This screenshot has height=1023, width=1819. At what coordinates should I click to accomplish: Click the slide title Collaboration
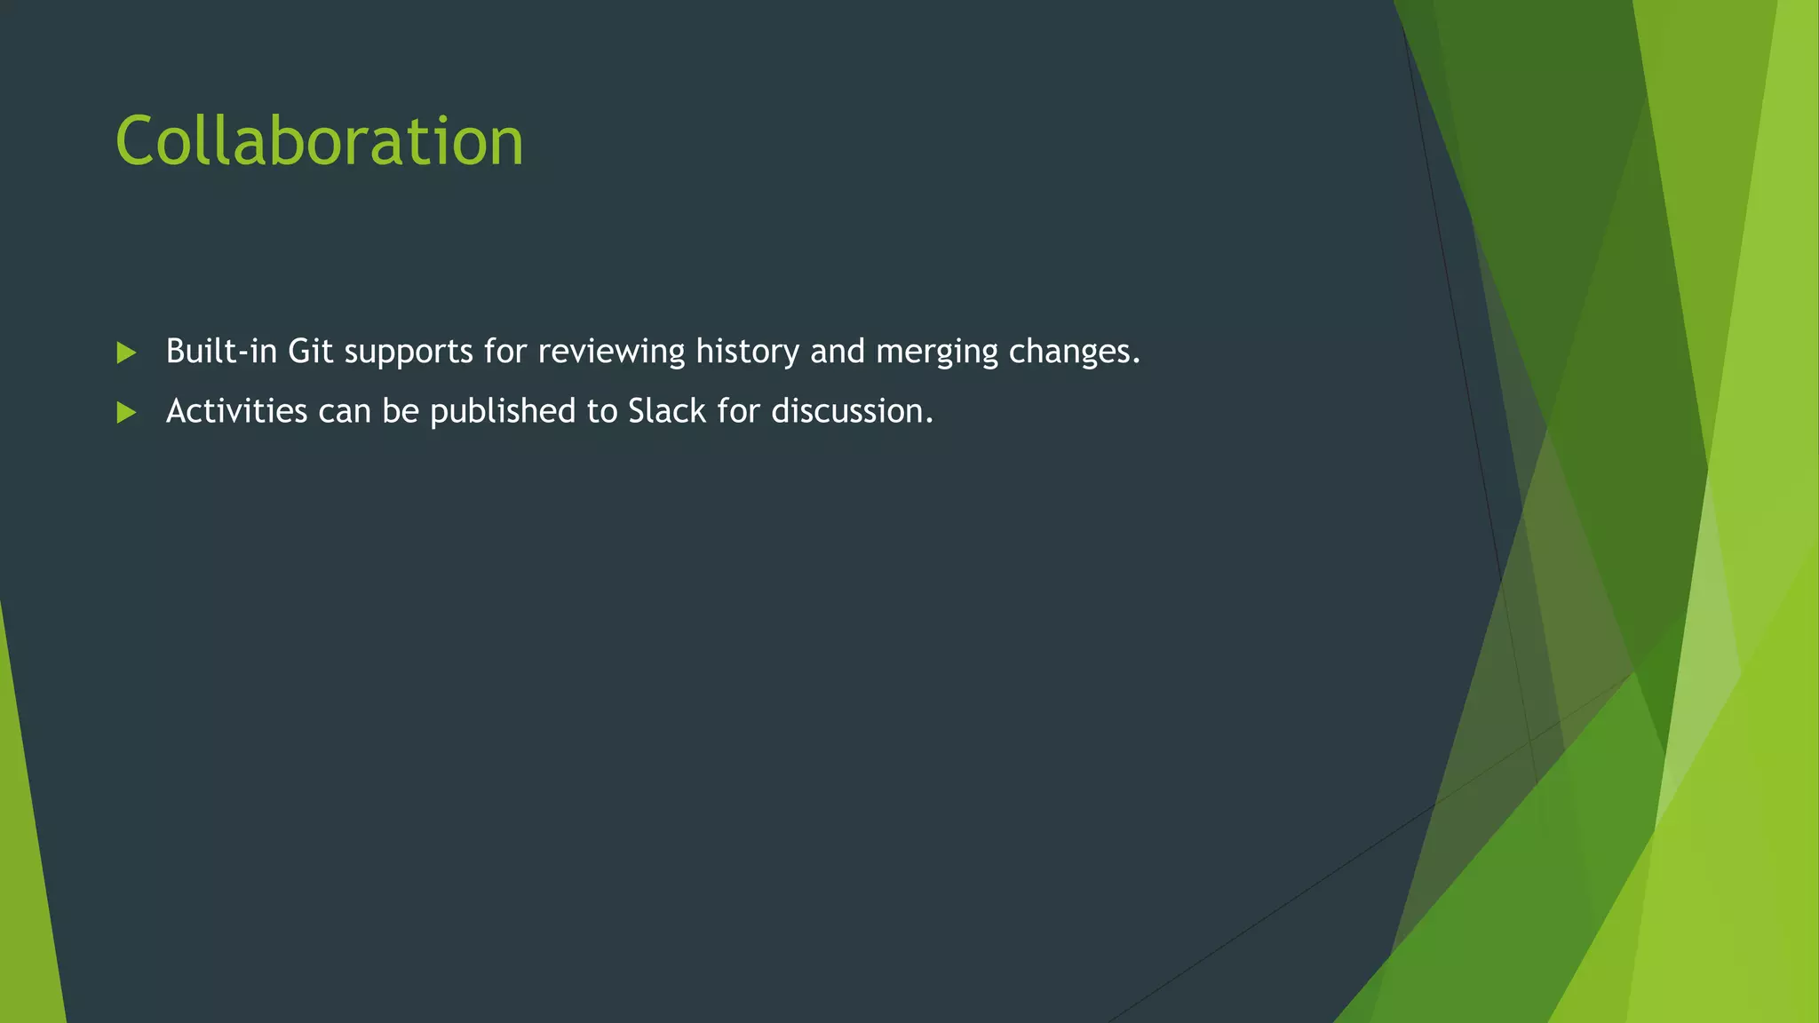[320, 142]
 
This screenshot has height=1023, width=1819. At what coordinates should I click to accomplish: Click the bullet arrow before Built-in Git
[126, 353]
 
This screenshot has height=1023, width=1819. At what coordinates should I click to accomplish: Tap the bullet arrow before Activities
[126, 412]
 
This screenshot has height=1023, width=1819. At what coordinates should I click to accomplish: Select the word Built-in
[221, 352]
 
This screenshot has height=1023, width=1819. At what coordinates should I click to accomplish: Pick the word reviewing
[611, 353]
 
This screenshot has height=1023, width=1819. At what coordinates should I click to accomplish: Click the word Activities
[236, 411]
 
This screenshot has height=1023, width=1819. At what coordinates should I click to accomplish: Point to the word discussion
[852, 411]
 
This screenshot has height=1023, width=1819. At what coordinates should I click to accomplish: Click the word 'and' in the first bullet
[837, 352]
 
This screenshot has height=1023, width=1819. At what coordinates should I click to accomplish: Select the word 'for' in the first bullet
[505, 352]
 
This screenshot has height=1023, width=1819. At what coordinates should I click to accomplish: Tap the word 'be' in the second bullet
[401, 411]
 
